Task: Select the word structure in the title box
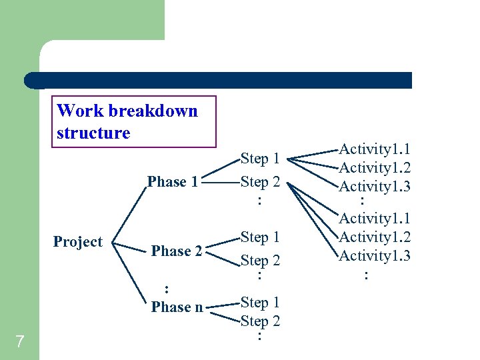93,133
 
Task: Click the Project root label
78,242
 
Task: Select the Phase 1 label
173,182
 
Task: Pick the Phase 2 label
177,251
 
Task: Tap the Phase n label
177,307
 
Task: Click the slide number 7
19,342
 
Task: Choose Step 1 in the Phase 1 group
260,159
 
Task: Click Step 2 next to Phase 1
260,182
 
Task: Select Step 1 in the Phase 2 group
260,237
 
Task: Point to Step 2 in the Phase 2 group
260,261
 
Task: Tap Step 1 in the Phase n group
260,303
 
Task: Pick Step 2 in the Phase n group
260,321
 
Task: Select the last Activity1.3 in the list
375,255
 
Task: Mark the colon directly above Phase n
166,289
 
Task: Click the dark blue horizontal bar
220,80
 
